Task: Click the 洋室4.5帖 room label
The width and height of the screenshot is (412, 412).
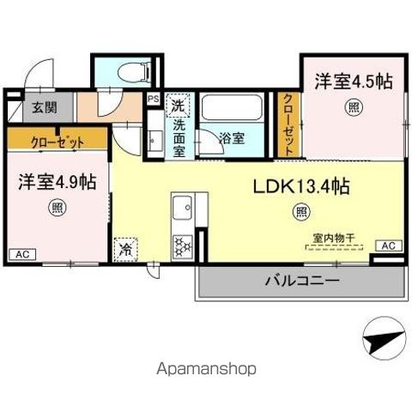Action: [353, 82]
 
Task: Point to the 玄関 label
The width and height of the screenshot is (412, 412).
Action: [45, 107]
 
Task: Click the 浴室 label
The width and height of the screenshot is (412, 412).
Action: [231, 136]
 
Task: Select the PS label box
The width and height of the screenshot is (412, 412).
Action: [153, 99]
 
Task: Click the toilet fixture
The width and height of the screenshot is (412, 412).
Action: [137, 70]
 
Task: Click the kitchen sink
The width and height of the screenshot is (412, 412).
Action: [183, 209]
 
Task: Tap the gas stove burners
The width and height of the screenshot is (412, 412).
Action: [183, 246]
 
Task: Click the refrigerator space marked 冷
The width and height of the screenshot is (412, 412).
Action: [125, 250]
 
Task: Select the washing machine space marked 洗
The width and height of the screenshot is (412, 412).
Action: [177, 106]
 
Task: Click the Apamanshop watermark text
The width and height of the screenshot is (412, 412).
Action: [206, 369]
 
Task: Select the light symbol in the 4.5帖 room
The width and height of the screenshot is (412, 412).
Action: [353, 107]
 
